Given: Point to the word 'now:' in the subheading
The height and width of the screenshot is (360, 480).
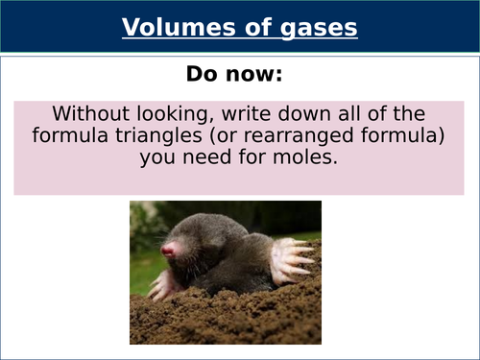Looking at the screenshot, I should pos(258,73).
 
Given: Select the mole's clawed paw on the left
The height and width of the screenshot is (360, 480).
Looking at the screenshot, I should pos(164,283).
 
